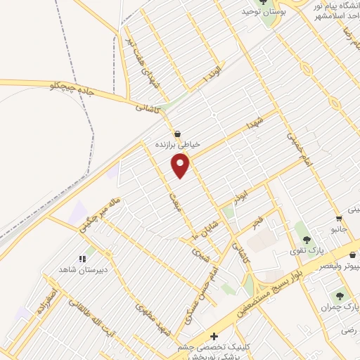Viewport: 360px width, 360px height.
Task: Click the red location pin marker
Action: click(x=181, y=165)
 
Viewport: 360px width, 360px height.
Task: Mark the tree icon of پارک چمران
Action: click(x=342, y=296)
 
